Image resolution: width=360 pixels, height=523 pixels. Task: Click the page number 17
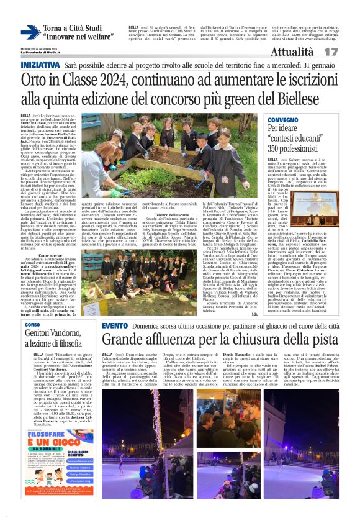pos(347,52)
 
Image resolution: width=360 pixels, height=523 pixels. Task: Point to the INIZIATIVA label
pos(40,65)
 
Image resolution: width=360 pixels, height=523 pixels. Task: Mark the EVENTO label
pos(114,325)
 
